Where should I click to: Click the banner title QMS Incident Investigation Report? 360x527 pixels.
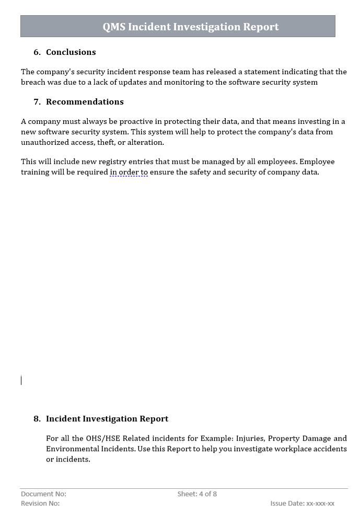[x=191, y=27]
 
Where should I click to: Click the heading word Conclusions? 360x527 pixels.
[x=71, y=52]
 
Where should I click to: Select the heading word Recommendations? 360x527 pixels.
[x=85, y=102]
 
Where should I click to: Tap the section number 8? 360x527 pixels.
[x=37, y=419]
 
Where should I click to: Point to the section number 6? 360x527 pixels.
[x=37, y=52]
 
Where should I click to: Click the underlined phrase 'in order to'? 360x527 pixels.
[x=129, y=172]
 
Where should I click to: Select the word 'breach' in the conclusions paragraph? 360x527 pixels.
[x=32, y=82]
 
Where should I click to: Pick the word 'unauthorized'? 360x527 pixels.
[x=44, y=142]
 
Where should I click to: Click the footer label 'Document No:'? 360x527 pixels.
[x=43, y=494]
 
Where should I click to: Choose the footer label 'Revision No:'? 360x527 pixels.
[x=40, y=503]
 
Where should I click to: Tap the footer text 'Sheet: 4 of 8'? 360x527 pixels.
[x=197, y=494]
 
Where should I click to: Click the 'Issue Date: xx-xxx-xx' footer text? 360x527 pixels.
[x=302, y=503]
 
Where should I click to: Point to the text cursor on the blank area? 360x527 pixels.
[x=21, y=380]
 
